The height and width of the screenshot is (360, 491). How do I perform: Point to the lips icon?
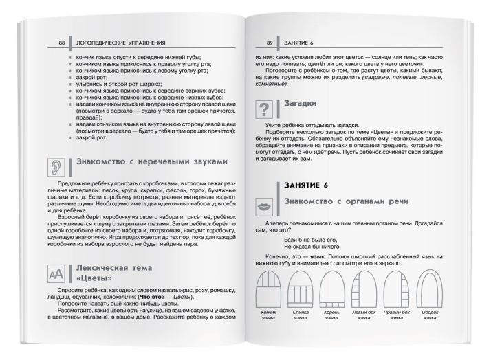coord(264,206)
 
